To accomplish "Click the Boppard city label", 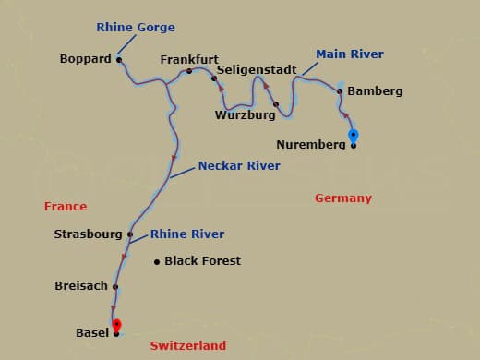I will pyautogui.click(x=85, y=59).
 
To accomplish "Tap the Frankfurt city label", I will pyautogui.click(x=188, y=59).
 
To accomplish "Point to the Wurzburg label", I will pyautogui.click(x=245, y=115).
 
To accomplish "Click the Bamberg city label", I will pyautogui.click(x=375, y=91).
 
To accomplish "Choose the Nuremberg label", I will pyautogui.click(x=310, y=145).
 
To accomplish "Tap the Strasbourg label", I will pyautogui.click(x=88, y=234).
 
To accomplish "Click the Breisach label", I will pyautogui.click(x=81, y=287).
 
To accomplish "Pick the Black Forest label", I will pyautogui.click(x=202, y=261).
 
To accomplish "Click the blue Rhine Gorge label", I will pyautogui.click(x=136, y=27).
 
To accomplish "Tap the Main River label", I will pyautogui.click(x=350, y=54).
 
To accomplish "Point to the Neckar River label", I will pyautogui.click(x=239, y=166).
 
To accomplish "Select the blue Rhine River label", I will pyautogui.click(x=187, y=234).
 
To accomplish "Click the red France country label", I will pyautogui.click(x=65, y=207).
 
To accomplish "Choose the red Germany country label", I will pyautogui.click(x=342, y=198).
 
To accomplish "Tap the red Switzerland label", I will pyautogui.click(x=187, y=345).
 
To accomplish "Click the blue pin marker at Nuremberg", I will pyautogui.click(x=353, y=138).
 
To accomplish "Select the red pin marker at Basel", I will pyautogui.click(x=116, y=326).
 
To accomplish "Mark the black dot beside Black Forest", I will pyautogui.click(x=157, y=261).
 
